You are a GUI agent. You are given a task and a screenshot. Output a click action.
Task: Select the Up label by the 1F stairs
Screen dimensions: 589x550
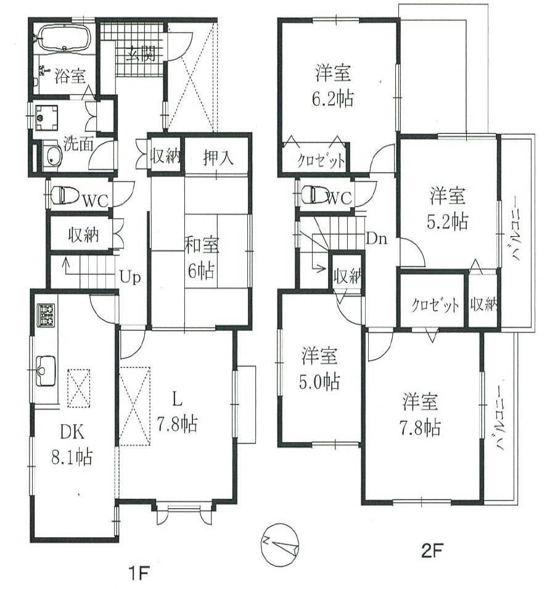(130, 277)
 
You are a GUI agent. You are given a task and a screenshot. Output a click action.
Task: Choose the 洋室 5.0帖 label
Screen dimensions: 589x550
(319, 369)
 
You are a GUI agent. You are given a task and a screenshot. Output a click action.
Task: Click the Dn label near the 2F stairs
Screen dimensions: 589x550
(376, 238)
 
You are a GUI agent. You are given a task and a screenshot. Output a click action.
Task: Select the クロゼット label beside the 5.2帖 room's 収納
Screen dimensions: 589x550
(435, 304)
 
